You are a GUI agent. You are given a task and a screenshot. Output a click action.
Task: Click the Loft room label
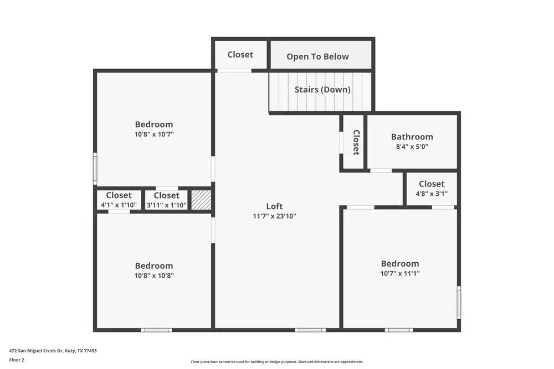274,206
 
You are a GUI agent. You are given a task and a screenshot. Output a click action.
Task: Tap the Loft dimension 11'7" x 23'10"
274,216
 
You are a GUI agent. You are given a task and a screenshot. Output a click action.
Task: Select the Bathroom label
412,137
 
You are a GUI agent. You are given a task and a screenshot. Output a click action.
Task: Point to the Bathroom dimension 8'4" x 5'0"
412,147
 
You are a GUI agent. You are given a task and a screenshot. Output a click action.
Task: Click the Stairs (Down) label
322,90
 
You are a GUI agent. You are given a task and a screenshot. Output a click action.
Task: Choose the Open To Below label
317,56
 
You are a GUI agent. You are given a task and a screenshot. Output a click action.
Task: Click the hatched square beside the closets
201,200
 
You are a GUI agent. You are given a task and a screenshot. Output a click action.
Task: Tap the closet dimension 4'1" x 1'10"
119,205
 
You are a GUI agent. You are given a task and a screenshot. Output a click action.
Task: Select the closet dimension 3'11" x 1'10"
166,205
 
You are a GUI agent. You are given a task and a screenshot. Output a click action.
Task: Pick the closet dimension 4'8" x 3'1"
432,194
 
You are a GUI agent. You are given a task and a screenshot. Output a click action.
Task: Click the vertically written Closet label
356,142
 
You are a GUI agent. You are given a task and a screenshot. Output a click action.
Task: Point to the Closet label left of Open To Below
240,54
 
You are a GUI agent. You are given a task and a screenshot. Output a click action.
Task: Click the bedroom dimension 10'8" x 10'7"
154,134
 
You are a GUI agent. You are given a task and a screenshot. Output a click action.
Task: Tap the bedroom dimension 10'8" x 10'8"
154,276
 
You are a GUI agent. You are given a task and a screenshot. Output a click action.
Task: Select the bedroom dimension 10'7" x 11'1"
399,273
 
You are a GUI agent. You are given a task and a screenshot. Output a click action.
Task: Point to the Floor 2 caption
17,360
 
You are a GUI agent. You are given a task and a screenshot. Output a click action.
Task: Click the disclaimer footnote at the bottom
276,361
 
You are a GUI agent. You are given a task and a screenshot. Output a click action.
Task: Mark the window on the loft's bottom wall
310,330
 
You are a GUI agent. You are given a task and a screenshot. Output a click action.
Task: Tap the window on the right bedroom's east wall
458,302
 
